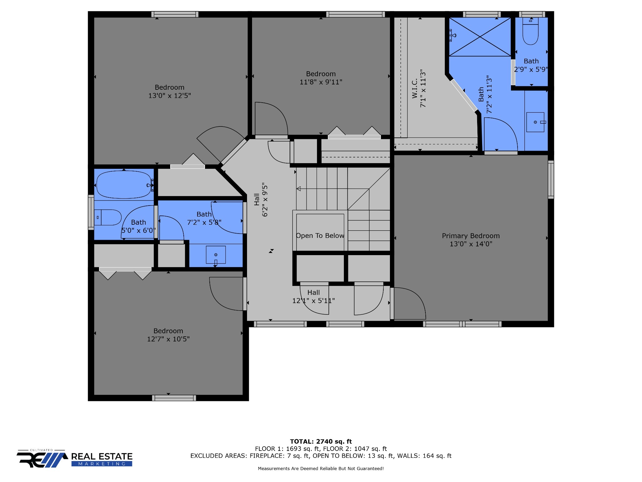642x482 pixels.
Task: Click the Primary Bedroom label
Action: [471, 236]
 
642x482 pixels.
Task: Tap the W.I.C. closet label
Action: [415, 88]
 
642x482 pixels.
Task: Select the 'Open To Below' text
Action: [320, 236]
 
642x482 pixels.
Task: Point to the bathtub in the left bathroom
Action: [124, 185]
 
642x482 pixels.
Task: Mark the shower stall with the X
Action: [480, 37]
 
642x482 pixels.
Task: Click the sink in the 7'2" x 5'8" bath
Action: [216, 255]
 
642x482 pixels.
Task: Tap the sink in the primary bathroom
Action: [535, 122]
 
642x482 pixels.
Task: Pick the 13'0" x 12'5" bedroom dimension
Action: [170, 95]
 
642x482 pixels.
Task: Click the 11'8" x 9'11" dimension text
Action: [321, 82]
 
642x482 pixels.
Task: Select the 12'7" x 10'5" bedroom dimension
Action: [168, 339]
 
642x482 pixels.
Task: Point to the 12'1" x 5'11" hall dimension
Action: [313, 301]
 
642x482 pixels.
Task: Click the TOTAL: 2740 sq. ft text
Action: [321, 442]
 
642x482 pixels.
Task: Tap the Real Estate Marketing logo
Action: [75, 458]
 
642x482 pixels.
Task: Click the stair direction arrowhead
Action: [299, 189]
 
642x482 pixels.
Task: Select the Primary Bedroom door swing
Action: [410, 303]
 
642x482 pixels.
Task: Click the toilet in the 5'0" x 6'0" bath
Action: [108, 217]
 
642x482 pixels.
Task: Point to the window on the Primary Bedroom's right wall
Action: [551, 179]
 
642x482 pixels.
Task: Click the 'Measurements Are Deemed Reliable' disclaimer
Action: [321, 469]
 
